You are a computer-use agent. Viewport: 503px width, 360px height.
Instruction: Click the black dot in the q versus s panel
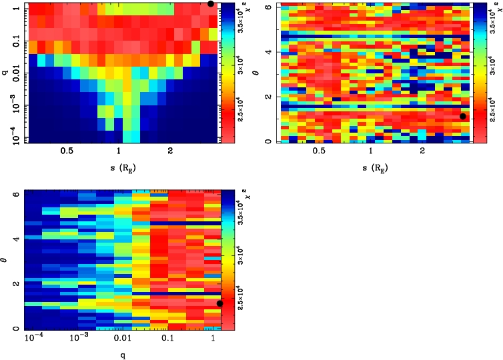pos(211,3)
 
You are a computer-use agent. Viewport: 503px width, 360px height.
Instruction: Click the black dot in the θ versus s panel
pos(463,117)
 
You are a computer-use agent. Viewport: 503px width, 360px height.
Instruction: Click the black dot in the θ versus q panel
pos(220,303)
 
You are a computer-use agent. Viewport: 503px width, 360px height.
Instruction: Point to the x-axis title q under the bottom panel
pos(123,355)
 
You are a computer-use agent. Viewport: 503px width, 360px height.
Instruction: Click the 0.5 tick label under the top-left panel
pos(66,151)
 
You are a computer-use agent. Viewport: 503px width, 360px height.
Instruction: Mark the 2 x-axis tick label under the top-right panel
pos(422,151)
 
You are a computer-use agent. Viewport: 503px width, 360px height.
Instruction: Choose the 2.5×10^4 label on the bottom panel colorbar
pos(241,297)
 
